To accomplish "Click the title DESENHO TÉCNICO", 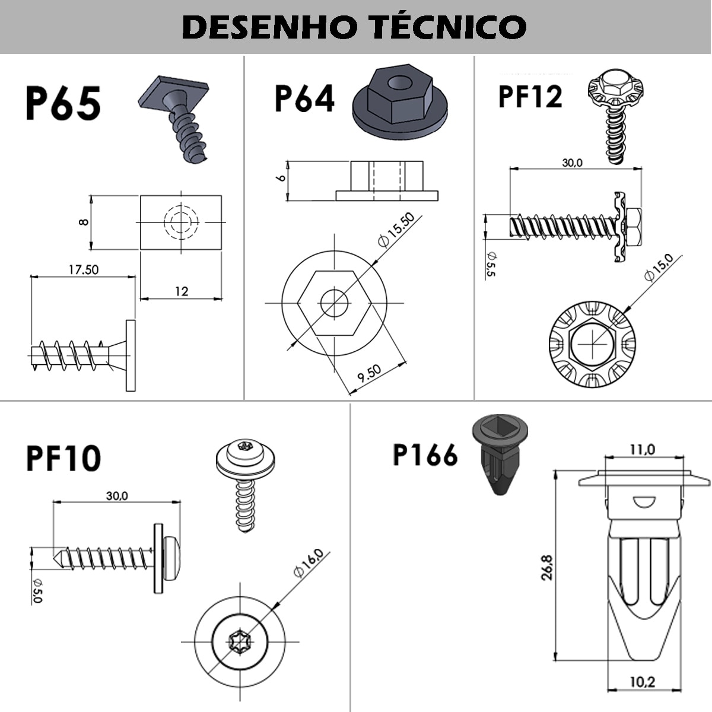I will [x=354, y=27].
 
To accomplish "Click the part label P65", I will [x=63, y=103].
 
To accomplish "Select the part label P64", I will [x=304, y=98].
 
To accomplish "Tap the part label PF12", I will [x=530, y=97].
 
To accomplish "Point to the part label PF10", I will [x=63, y=458].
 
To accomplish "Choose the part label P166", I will [x=425, y=455].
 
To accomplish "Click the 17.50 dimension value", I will [x=84, y=269].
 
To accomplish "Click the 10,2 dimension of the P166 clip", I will [x=642, y=682].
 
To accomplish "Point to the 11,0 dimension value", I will [x=642, y=450].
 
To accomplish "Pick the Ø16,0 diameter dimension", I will [x=309, y=564].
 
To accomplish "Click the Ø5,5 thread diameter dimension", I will [x=491, y=263].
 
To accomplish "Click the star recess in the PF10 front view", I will [x=240, y=641].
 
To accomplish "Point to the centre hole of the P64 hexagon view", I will [x=334, y=303].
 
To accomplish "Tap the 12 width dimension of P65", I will [x=182, y=291].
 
